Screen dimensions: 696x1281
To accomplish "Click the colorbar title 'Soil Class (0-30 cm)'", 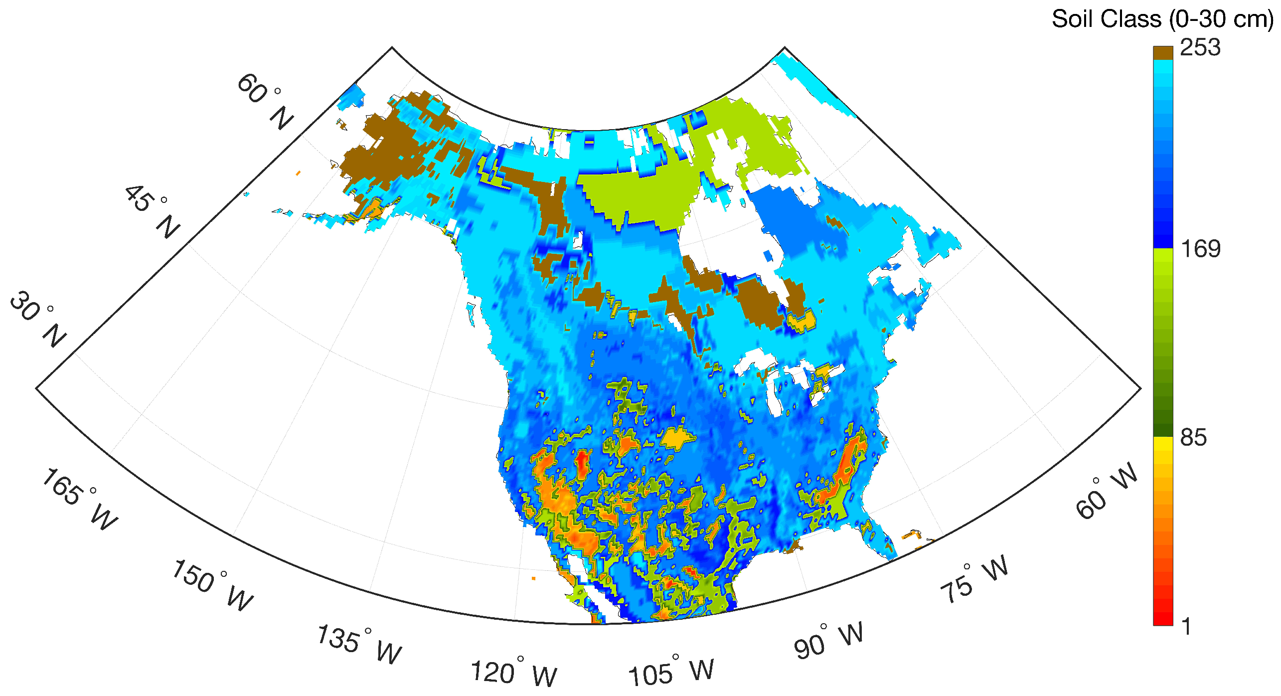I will point(1162,20).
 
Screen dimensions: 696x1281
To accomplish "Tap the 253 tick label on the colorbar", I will point(1200,48).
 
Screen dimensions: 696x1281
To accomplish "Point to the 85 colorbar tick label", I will point(1193,438).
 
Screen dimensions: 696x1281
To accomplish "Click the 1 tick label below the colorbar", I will point(1187,626).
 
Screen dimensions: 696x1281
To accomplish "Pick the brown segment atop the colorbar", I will point(1163,53).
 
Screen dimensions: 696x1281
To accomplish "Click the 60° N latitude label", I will point(265,101).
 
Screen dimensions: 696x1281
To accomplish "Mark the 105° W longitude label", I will point(671,671).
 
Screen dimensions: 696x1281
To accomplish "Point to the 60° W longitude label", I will point(1107,492).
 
